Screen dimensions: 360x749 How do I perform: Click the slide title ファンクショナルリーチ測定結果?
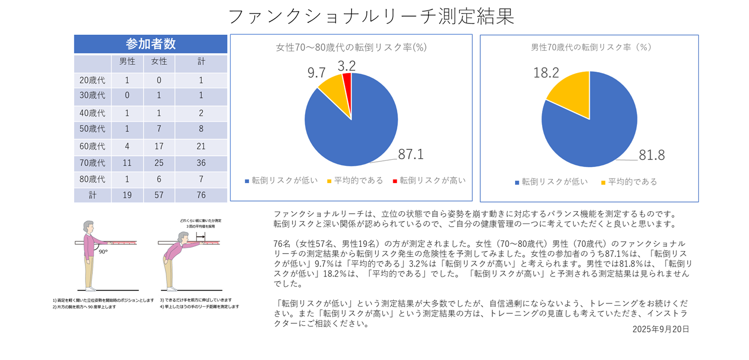[371, 17]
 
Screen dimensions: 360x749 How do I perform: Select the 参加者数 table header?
[150, 44]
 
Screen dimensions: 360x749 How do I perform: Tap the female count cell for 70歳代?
[159, 163]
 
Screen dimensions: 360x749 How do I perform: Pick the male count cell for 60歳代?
[127, 146]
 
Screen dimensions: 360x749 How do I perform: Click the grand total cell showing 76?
[201, 195]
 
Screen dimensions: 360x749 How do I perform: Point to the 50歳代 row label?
[92, 129]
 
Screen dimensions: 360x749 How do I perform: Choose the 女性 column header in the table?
[159, 62]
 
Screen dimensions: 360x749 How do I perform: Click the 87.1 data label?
[411, 154]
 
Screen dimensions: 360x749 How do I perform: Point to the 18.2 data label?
[546, 73]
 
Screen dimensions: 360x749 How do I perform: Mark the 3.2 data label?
[346, 66]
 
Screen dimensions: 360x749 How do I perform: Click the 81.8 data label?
[651, 155]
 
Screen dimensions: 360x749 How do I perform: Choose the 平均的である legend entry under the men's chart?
[629, 182]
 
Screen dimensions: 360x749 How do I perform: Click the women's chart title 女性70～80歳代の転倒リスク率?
[351, 47]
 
